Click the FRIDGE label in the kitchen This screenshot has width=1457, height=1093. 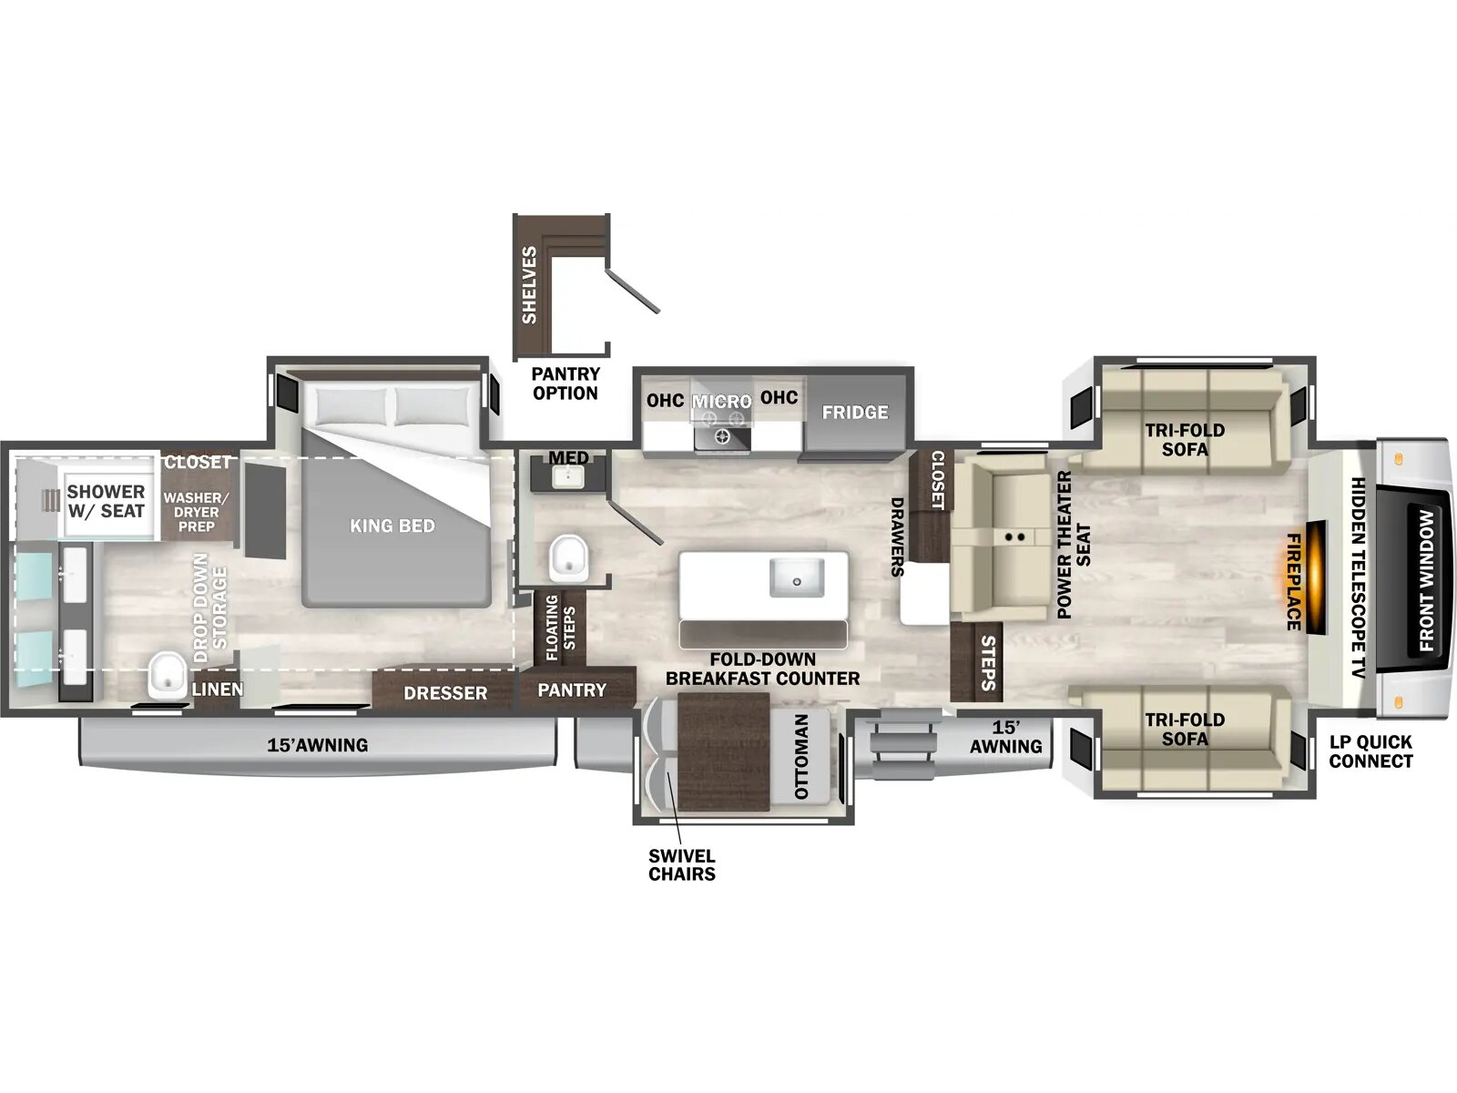point(854,413)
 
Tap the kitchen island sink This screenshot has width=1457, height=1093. point(796,578)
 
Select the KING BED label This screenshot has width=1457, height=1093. point(392,526)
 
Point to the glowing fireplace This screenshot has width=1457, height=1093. point(1314,579)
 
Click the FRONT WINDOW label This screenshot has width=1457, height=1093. point(1426,580)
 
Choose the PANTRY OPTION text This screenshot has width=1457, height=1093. point(565,383)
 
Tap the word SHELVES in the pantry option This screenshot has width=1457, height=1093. point(529,285)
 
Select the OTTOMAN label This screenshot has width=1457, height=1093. point(801,756)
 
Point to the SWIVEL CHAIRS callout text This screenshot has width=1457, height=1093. point(681,865)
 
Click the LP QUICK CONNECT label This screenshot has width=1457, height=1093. point(1370,751)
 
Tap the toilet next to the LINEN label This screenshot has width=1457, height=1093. point(167,675)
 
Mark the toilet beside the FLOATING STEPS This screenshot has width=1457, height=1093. point(569,557)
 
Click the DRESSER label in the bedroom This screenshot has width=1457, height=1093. point(445,693)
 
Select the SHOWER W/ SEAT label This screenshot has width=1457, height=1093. point(106,501)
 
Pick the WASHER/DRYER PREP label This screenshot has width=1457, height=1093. point(196,512)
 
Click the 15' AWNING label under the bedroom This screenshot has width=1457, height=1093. point(317,745)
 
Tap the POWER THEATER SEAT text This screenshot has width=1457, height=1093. point(1073,545)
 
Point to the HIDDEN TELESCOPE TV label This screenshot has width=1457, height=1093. point(1358,578)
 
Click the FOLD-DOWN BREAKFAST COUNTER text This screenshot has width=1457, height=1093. point(762,669)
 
